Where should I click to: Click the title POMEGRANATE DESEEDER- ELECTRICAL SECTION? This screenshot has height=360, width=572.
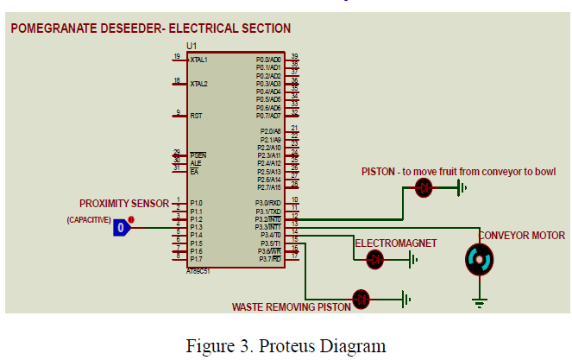[x=151, y=28]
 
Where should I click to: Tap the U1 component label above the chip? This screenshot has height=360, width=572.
[x=191, y=45]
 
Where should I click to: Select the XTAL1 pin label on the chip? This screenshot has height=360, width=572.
[x=199, y=60]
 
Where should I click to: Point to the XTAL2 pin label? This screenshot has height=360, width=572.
[x=199, y=84]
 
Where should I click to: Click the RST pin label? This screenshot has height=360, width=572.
[x=196, y=115]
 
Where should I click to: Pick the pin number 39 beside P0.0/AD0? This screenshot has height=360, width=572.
[x=294, y=56]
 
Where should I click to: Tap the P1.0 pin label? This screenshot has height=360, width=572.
[x=196, y=204]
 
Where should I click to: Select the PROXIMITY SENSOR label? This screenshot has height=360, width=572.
[x=124, y=204]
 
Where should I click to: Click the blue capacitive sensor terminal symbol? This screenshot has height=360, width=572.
[x=123, y=228]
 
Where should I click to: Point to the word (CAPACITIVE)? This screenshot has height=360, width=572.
[x=89, y=220]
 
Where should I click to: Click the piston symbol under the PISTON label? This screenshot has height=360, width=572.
[x=424, y=187]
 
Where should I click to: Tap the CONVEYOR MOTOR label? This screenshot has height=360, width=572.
[x=522, y=236]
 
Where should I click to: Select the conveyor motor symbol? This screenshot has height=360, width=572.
[x=478, y=259]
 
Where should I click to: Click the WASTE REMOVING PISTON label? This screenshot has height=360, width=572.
[x=291, y=306]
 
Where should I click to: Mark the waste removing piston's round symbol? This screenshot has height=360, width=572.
[x=362, y=299]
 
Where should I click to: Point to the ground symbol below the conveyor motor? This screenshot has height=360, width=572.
[x=478, y=301]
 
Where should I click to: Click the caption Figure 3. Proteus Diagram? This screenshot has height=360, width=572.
[x=286, y=346]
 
